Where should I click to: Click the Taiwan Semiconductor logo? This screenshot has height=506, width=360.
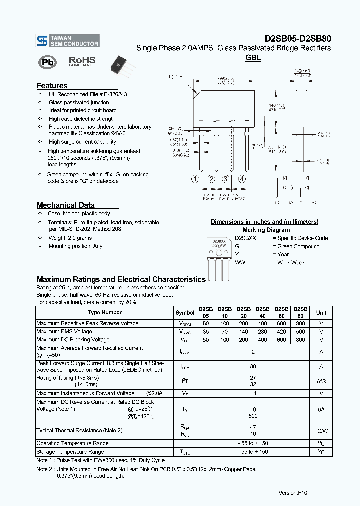(x=68, y=41)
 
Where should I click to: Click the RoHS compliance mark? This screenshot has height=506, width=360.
(x=82, y=61)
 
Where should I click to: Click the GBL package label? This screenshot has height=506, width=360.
(x=253, y=58)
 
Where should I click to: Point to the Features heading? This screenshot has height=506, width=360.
(x=52, y=86)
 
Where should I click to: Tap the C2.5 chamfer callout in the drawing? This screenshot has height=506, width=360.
(x=176, y=77)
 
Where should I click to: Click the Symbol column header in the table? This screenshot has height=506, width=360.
(x=185, y=313)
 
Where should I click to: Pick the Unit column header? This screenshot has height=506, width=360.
(x=321, y=313)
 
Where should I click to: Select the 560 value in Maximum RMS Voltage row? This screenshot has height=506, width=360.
(x=300, y=332)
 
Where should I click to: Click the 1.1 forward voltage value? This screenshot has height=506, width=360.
(x=253, y=393)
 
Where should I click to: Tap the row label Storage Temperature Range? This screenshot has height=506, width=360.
(x=70, y=452)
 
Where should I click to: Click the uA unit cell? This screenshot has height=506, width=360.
(x=321, y=409)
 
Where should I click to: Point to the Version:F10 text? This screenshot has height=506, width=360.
(x=293, y=493)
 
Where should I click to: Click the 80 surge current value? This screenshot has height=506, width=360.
(x=253, y=366)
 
